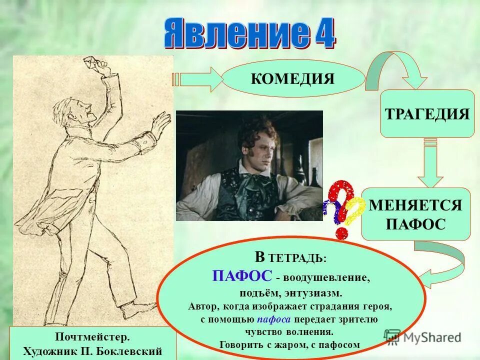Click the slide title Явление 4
click(x=249, y=34)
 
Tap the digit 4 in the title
click(x=323, y=34)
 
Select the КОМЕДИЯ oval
click(x=293, y=78)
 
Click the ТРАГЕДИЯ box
click(x=427, y=113)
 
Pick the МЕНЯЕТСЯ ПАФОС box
click(x=415, y=214)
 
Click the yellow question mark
click(x=355, y=210)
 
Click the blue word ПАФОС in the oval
click(x=242, y=275)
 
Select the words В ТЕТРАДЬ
click(x=290, y=258)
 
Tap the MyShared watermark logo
click(x=422, y=337)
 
